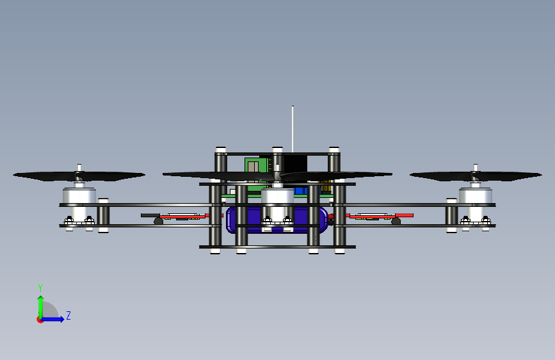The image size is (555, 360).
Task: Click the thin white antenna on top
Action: (x=293, y=129)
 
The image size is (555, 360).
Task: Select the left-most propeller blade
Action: (x=79, y=176)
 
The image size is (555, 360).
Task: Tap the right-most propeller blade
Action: (x=476, y=176)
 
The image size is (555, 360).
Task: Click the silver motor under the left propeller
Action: (x=79, y=195)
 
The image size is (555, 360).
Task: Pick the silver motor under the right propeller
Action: (x=476, y=195)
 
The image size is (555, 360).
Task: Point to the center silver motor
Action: (x=278, y=196)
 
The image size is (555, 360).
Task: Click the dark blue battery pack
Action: (x=277, y=220)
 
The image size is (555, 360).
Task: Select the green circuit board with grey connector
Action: (x=256, y=170)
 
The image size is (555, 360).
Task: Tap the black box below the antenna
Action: (x=296, y=164)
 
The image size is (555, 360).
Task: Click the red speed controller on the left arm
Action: (x=182, y=216)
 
